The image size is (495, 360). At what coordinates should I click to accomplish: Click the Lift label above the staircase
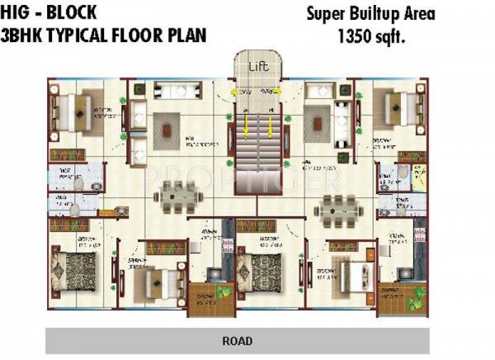[x=259, y=64]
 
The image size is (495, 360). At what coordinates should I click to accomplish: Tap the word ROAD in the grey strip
[x=238, y=340]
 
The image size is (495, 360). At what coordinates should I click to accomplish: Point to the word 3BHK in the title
[x=26, y=36]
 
